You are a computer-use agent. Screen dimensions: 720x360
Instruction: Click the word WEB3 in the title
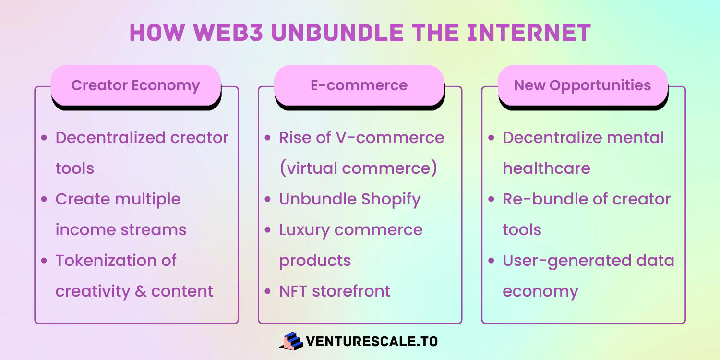coord(228,33)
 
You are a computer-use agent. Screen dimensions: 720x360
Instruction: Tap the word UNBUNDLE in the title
coord(337,33)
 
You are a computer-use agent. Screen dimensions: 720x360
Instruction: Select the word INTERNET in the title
coord(529,33)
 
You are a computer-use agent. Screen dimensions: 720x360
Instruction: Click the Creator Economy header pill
coord(136,85)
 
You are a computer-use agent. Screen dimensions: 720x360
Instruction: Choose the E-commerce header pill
coord(359,85)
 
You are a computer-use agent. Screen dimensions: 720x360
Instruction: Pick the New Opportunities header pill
coord(582,85)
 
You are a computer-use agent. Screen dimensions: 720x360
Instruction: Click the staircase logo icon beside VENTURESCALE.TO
coord(291,341)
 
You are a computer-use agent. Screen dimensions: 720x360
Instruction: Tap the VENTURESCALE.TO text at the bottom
coord(372,341)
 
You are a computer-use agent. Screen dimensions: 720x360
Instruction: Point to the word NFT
coord(293,291)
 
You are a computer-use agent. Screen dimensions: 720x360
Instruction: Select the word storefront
coord(351,291)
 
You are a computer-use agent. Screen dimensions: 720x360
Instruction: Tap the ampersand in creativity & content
coord(141,291)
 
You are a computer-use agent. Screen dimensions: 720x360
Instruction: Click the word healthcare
coord(546,168)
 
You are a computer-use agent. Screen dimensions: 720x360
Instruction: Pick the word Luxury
coord(304,230)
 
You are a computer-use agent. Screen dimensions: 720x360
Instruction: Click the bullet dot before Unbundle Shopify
coord(267,199)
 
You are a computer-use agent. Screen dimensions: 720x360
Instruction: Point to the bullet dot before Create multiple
coord(44,199)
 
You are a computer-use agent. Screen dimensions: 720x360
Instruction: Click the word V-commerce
coord(390,138)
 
